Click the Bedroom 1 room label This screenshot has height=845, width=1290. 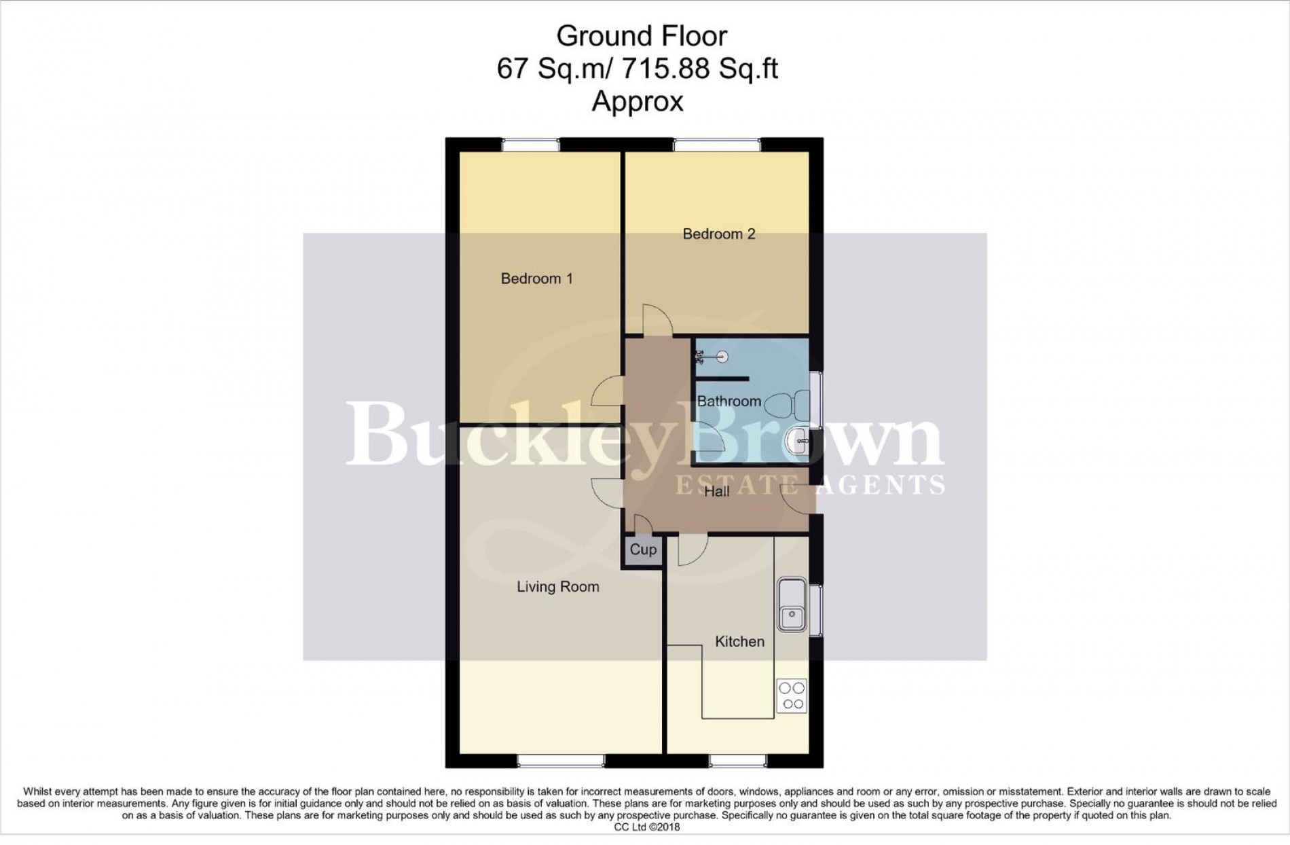point(536,278)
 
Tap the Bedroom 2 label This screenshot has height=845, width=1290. point(718,234)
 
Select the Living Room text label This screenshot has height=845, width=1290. point(557,587)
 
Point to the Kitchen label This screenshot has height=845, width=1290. point(739,641)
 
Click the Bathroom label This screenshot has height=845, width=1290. point(729,401)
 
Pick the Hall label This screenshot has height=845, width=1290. point(716,491)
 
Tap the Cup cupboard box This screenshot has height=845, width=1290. point(643,550)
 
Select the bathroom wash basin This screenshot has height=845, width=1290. point(796,442)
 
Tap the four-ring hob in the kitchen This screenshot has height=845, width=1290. point(792,696)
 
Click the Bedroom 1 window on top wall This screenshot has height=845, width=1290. point(530,144)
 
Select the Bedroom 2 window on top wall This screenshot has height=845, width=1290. point(716,144)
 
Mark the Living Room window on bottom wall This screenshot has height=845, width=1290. point(560,761)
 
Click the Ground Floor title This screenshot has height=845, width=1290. point(641,36)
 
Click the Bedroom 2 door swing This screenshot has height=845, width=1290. point(657,319)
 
